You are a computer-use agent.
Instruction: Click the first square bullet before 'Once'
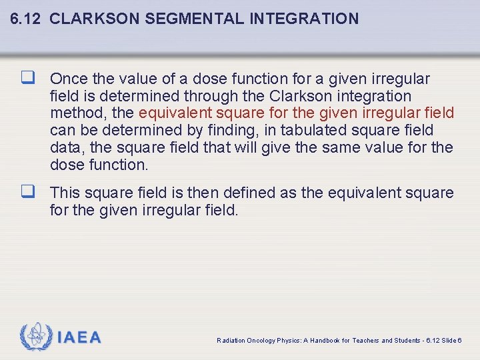point(27,79)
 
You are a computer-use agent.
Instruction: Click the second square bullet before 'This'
point(27,193)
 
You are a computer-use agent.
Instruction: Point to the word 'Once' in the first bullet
point(68,79)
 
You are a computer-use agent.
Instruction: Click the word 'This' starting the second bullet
point(65,193)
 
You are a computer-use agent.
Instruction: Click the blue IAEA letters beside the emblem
point(79,338)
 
